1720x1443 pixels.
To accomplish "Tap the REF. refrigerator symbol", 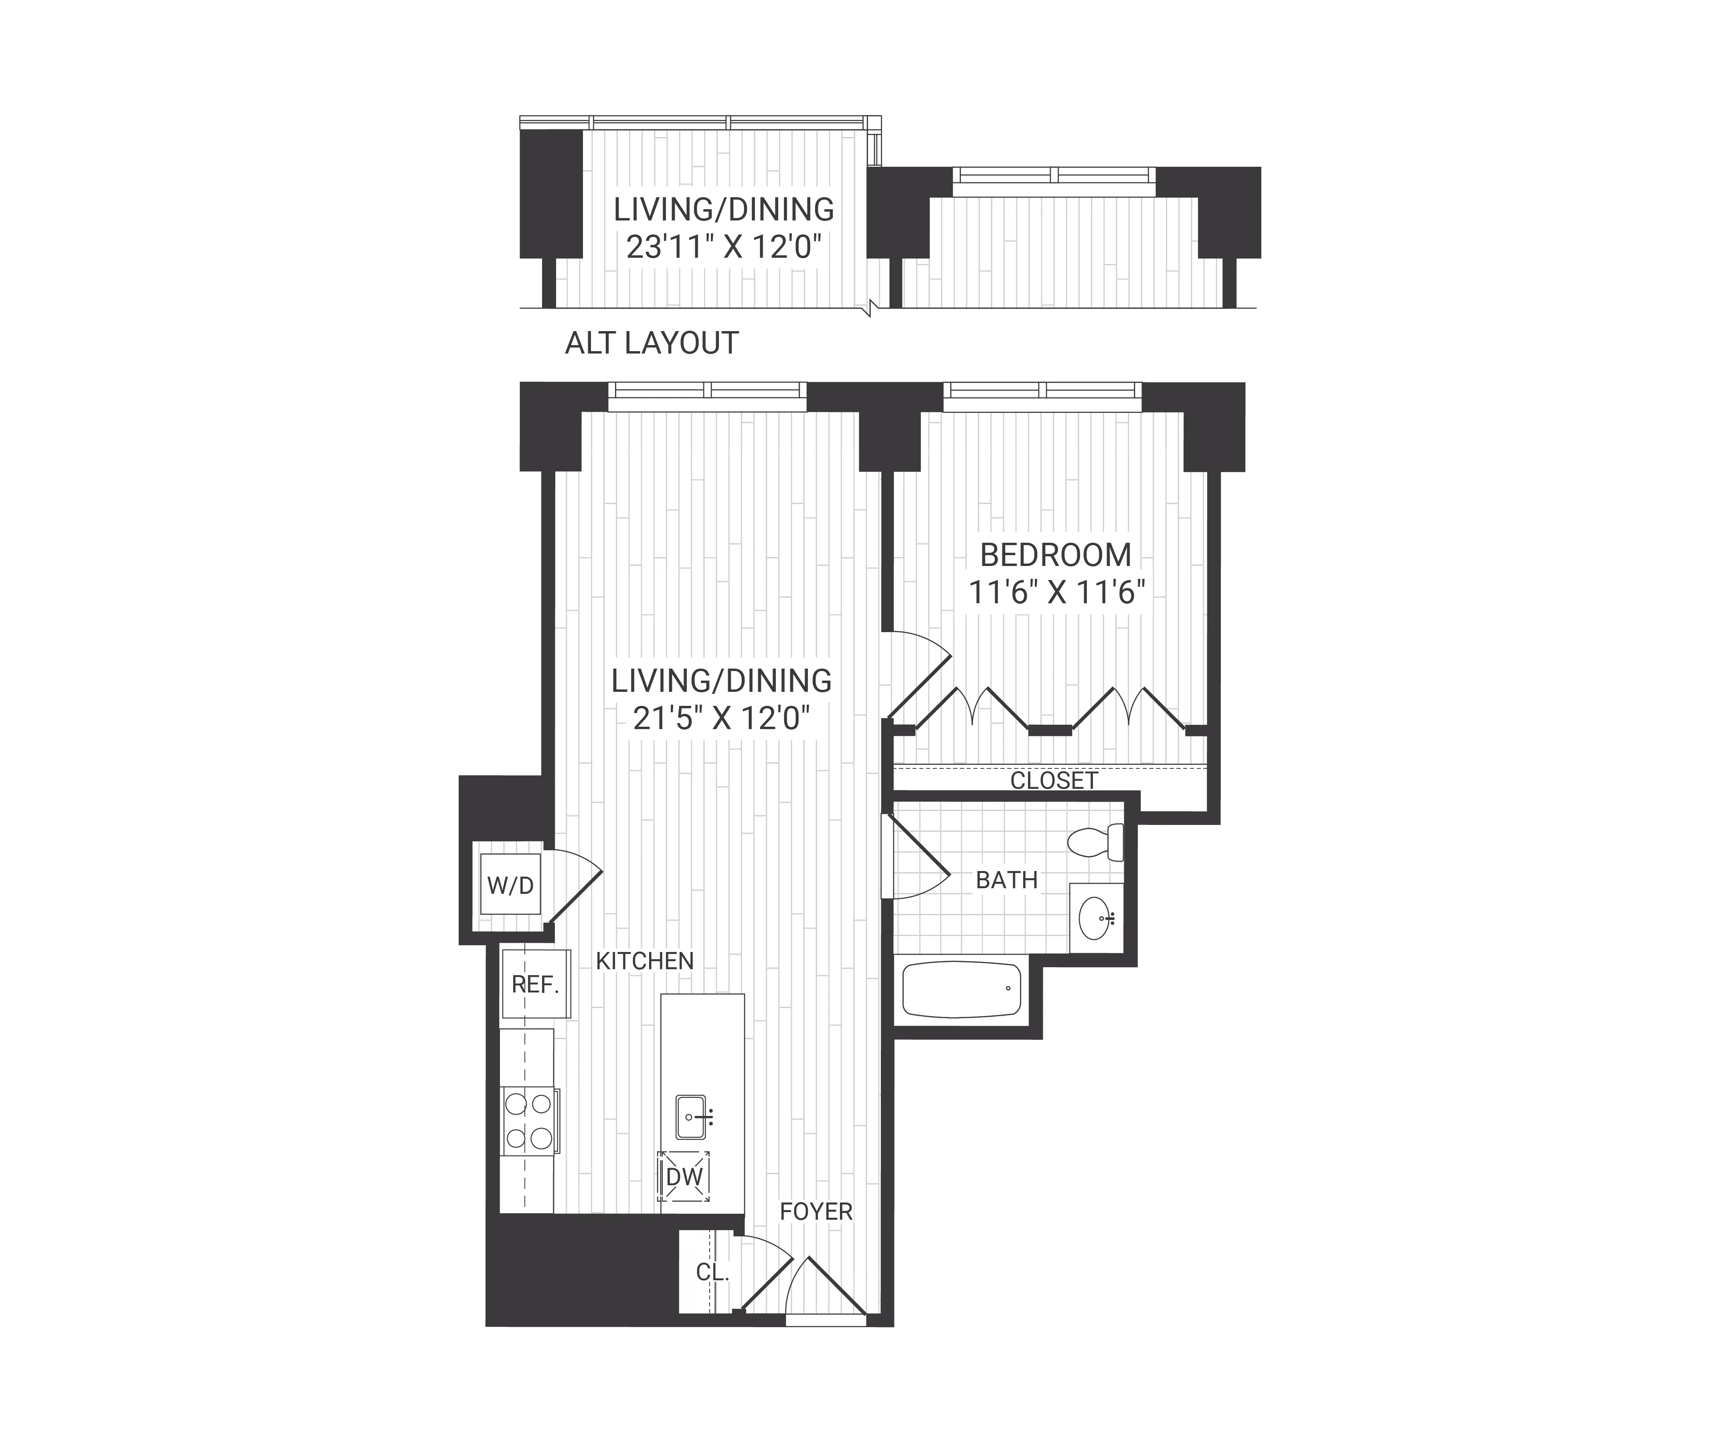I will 536,984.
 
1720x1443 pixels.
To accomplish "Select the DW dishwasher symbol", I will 684,1177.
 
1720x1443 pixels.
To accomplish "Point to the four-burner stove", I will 528,1121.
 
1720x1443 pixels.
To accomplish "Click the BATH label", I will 1007,880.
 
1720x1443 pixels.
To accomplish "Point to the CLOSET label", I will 1053,780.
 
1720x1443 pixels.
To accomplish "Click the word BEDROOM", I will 1056,555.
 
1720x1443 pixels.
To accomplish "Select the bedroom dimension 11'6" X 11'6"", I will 1056,592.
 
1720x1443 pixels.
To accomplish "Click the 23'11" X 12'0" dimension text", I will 723,246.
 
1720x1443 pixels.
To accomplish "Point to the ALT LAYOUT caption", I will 652,343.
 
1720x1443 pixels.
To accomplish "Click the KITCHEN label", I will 645,961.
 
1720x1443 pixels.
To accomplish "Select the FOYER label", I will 816,1211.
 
